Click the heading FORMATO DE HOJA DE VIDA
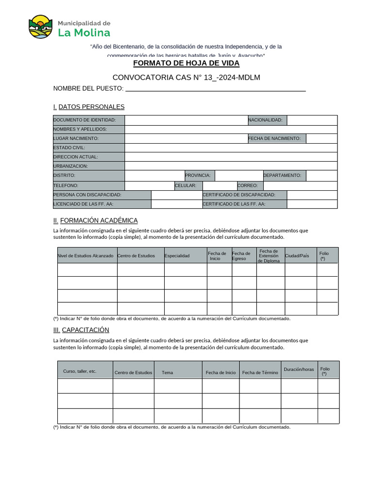tap(186, 64)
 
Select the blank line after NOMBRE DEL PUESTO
tap(215, 89)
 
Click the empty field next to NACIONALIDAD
tap(312, 120)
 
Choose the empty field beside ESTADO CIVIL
tap(231, 148)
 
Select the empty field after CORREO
tap(300, 185)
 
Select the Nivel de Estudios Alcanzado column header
tap(86, 256)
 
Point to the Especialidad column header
tap(177, 256)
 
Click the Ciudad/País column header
tap(297, 256)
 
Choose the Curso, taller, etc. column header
tap(80, 371)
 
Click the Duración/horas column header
tap(299, 369)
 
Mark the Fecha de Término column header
tap(260, 373)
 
